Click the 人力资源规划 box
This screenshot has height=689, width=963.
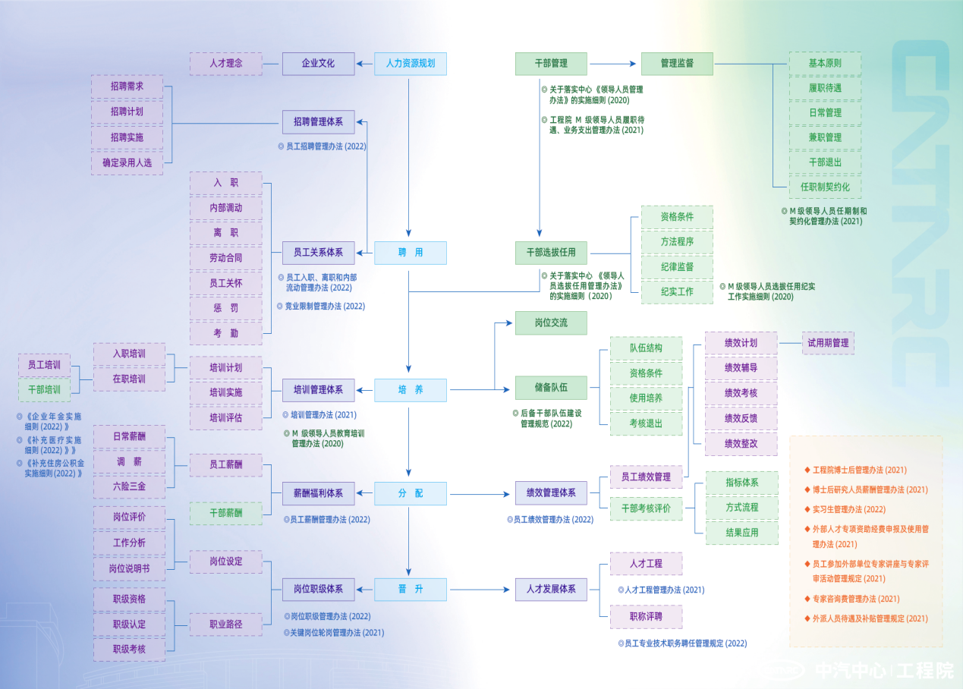click(x=410, y=63)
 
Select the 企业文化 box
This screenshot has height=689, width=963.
click(x=318, y=63)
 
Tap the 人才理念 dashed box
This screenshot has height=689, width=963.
click(x=225, y=63)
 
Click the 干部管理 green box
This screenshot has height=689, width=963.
click(x=551, y=63)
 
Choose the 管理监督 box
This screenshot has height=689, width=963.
click(x=677, y=63)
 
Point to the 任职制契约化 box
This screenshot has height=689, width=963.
click(x=825, y=187)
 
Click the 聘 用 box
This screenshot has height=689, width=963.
click(x=410, y=253)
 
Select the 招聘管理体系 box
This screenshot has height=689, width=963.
click(x=318, y=121)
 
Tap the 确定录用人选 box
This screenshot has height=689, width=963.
click(x=127, y=162)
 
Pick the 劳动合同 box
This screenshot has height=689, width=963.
click(x=225, y=258)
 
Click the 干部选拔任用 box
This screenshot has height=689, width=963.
click(x=551, y=253)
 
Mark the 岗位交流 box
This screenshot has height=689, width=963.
click(x=551, y=322)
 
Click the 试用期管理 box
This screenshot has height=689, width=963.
click(x=828, y=343)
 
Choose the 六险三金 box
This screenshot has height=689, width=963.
click(x=129, y=486)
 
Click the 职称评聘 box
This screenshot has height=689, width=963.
click(x=646, y=616)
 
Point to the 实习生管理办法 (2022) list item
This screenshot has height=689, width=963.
click(x=848, y=510)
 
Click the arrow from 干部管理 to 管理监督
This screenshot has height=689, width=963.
click(x=612, y=64)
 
